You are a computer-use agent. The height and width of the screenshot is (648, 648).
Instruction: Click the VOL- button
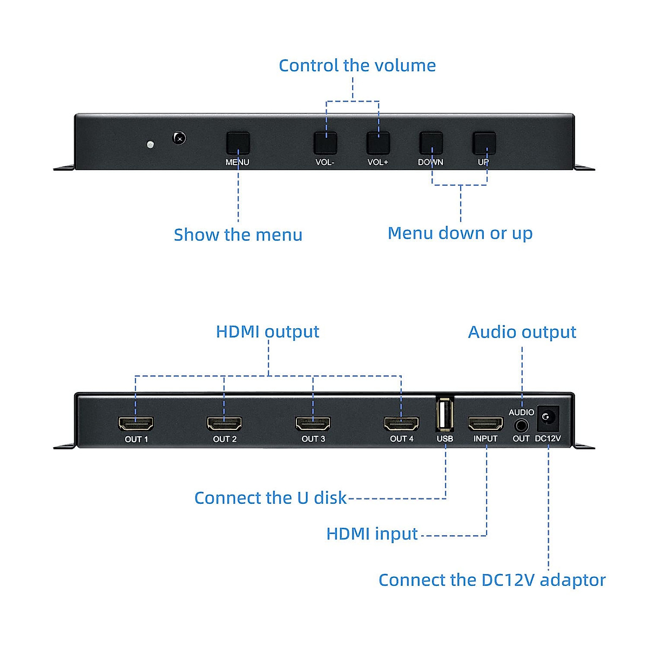[325, 143]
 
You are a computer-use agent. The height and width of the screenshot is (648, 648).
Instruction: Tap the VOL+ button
[378, 143]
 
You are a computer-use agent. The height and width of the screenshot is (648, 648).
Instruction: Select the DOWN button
[431, 143]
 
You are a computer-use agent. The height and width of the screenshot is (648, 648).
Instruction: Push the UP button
[484, 143]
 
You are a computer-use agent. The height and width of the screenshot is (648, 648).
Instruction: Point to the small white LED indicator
[151, 144]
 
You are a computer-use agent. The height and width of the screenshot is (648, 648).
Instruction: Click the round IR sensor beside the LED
[179, 138]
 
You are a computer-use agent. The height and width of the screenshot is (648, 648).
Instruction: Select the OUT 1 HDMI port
[136, 423]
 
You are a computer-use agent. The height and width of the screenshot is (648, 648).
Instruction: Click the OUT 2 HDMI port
[225, 423]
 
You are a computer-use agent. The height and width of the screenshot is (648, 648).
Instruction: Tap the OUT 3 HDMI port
[313, 423]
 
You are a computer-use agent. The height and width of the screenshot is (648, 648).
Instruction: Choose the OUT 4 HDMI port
[401, 423]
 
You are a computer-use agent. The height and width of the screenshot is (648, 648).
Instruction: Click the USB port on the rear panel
[444, 415]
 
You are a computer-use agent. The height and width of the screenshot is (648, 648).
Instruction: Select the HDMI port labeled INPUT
[485, 423]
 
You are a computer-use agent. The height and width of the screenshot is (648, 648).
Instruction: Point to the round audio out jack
[522, 426]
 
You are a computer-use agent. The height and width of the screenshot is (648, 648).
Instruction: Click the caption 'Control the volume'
[357, 65]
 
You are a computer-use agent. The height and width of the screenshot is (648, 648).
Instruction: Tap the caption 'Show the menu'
[238, 235]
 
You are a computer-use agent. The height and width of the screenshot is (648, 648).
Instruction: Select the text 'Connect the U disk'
[270, 498]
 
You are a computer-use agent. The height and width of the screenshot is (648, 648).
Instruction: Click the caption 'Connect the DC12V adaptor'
[492, 580]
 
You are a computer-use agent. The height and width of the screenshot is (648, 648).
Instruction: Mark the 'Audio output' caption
[522, 332]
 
